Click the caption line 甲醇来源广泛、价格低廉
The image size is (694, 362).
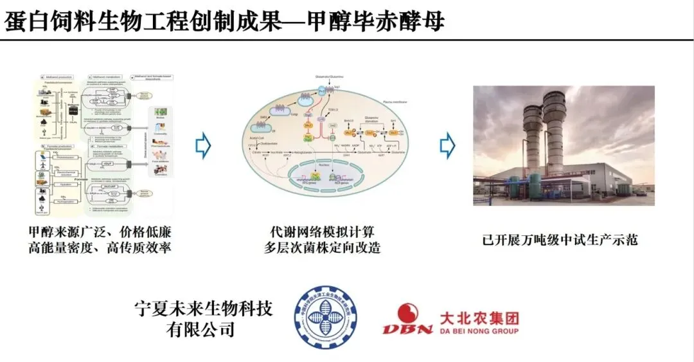pyautogui.click(x=101, y=231)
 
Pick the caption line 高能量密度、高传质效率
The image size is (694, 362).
pyautogui.click(x=101, y=247)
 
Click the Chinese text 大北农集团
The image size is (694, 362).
pyautogui.click(x=479, y=318)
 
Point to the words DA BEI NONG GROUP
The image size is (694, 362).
pyautogui.click(x=479, y=331)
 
